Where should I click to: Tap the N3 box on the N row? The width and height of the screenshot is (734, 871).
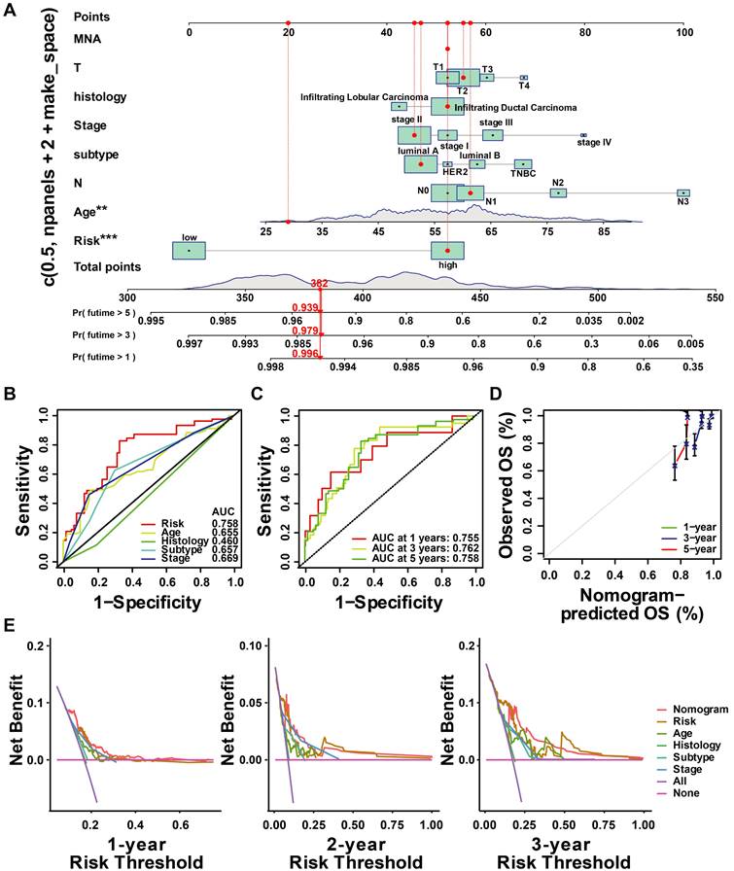[x=683, y=193]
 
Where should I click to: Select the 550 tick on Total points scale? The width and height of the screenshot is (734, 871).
[x=716, y=296]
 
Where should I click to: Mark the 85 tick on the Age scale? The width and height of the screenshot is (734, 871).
[x=604, y=231]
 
